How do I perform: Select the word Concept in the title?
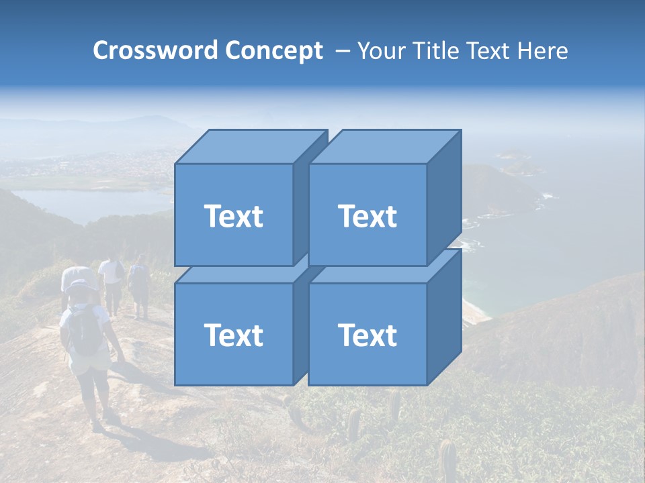pyautogui.click(x=273, y=51)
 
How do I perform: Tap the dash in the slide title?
pyautogui.click(x=341, y=51)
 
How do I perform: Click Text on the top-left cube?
pyautogui.click(x=233, y=216)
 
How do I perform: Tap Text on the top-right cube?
pyautogui.click(x=367, y=216)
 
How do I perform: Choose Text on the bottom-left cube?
pyautogui.click(x=233, y=335)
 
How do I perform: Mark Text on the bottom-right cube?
pyautogui.click(x=367, y=335)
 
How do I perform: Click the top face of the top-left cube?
pyautogui.click(x=249, y=147)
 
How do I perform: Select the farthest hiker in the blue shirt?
pyautogui.click(x=140, y=285)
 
